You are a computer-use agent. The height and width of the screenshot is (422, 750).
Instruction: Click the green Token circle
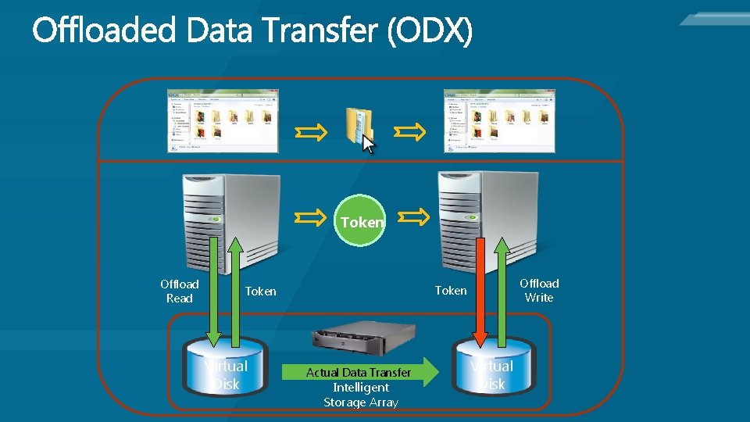point(362,220)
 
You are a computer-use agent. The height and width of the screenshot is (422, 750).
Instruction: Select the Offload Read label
point(179,291)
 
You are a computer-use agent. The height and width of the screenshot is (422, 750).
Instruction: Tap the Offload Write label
point(539,290)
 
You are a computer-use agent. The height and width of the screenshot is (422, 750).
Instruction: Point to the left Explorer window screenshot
point(223,120)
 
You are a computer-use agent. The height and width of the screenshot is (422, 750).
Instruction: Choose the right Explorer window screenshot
point(499,120)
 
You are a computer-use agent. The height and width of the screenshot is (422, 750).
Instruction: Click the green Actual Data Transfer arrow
point(359,373)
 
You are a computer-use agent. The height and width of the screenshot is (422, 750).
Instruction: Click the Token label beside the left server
point(260,291)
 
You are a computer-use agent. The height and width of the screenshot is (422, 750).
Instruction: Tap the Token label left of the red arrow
point(450,291)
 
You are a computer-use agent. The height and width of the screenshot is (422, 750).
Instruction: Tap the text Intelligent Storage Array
point(361,395)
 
